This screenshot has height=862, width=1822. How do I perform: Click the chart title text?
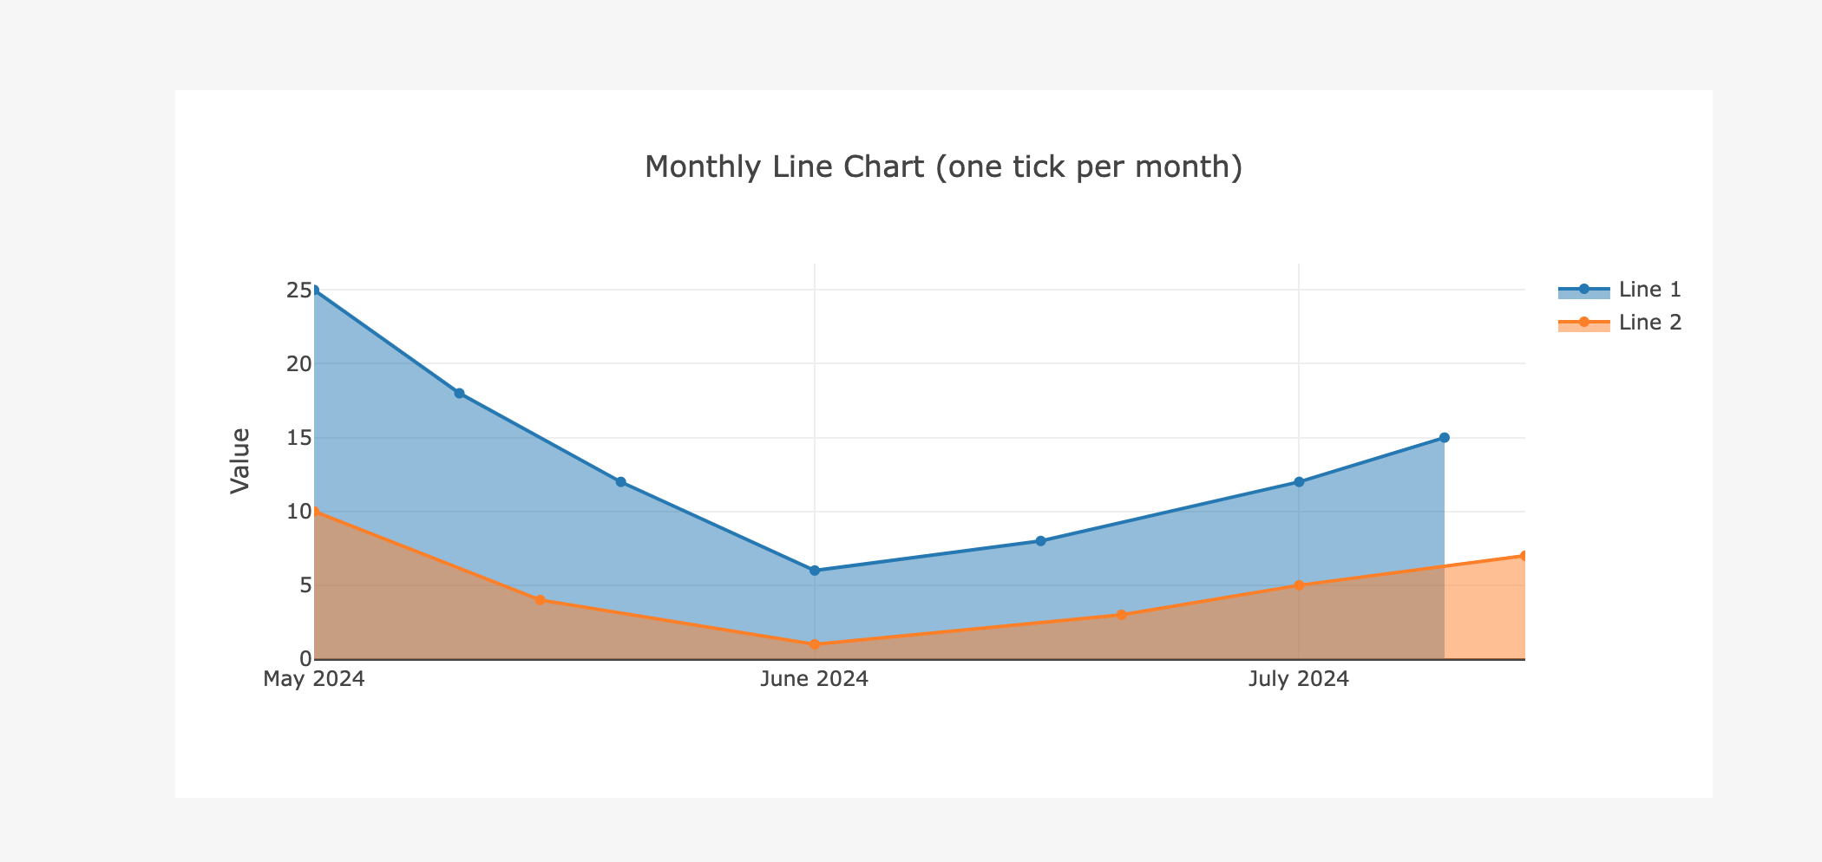coord(943,167)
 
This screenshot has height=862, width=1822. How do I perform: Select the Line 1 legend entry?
coord(1619,290)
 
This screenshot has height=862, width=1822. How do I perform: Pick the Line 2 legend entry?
coord(1619,323)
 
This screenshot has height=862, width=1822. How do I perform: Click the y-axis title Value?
coord(240,460)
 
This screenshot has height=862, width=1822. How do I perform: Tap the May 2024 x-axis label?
coord(314,678)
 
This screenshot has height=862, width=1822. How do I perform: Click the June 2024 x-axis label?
coord(814,678)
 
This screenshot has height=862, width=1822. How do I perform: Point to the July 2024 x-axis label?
coord(1298,678)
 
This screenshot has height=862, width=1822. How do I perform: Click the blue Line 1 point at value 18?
coord(459,394)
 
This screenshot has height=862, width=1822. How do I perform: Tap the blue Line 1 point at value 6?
coord(814,571)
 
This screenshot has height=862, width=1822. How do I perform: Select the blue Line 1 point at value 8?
coord(1040,541)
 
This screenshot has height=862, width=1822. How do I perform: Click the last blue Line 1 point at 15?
coord(1444,438)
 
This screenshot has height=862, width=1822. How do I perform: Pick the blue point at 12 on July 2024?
coord(1299,482)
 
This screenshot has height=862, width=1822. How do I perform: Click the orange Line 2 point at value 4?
coord(540,600)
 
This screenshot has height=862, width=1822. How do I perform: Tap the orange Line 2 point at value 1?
coord(814,644)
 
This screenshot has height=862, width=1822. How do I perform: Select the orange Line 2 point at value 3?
coord(1121,615)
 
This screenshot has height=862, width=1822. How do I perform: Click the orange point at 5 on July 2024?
coord(1299,585)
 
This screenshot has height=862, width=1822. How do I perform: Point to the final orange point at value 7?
coord(1523,556)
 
